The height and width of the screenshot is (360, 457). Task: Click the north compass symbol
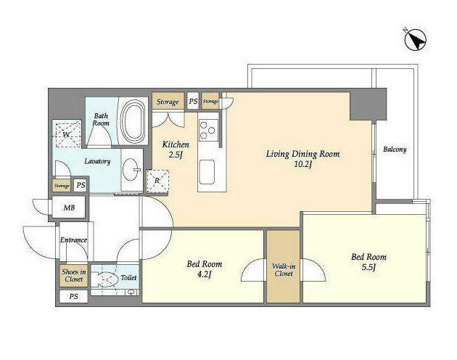click(x=416, y=39)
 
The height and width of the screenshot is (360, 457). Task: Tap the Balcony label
click(x=395, y=150)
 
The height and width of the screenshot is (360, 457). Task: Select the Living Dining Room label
click(x=302, y=154)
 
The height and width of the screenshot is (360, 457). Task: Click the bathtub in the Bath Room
click(x=133, y=120)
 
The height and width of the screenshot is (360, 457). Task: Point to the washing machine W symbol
click(x=67, y=135)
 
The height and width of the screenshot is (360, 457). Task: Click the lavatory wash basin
click(x=132, y=170)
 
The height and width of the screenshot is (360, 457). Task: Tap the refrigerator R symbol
click(x=157, y=181)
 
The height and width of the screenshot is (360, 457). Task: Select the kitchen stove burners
click(x=208, y=130)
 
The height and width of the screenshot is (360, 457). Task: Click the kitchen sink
click(x=207, y=172)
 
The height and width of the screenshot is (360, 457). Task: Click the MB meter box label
click(x=69, y=208)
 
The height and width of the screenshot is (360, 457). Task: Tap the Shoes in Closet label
click(x=74, y=275)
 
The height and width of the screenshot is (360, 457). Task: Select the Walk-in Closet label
click(x=284, y=270)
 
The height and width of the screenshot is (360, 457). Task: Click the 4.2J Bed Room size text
click(x=204, y=274)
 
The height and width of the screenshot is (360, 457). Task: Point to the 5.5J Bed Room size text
click(x=368, y=267)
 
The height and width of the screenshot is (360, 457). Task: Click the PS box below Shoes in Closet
click(x=74, y=297)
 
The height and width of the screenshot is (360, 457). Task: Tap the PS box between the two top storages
click(x=193, y=101)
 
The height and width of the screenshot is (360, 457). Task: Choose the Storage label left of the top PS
click(x=168, y=102)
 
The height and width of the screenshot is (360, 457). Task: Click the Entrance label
click(x=73, y=240)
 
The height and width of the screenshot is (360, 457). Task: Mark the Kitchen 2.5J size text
click(x=176, y=155)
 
